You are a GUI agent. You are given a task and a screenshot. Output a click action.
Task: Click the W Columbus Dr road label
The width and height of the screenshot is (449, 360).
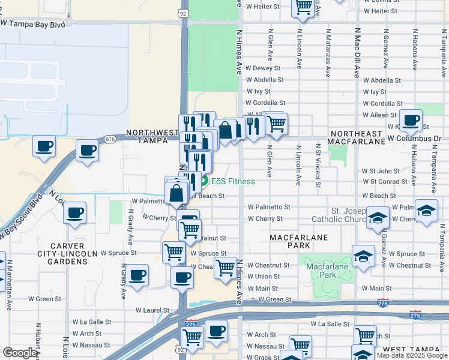point(414,138)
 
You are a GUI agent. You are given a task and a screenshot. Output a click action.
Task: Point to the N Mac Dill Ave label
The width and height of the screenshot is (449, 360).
point(357,53)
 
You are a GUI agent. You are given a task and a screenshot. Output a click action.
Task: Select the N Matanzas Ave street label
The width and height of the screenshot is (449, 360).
point(328,53)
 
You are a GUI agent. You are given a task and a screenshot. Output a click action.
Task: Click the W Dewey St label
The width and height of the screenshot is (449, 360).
point(262,68)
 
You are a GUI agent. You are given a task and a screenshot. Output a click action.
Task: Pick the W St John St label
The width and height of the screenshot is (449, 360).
point(381,172)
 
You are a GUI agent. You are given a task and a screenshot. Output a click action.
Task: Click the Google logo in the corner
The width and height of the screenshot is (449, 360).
point(20,352)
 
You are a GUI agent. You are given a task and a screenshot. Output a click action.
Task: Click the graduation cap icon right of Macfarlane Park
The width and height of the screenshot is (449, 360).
point(363,256)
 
